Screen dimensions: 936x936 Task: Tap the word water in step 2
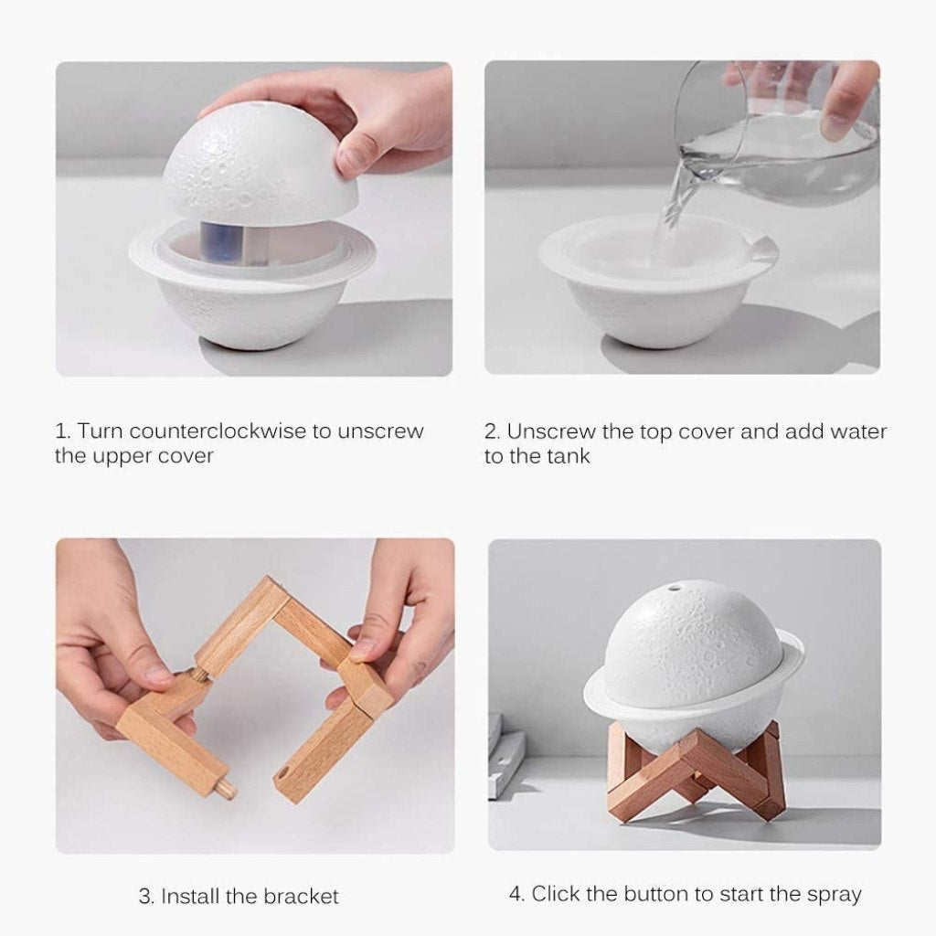click(856, 431)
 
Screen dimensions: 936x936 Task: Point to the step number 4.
click(516, 893)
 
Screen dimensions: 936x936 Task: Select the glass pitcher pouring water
click(777, 137)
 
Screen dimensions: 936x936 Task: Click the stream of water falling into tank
click(672, 206)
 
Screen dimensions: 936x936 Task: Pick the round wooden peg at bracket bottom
click(224, 787)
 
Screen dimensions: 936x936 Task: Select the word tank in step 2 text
click(569, 456)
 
